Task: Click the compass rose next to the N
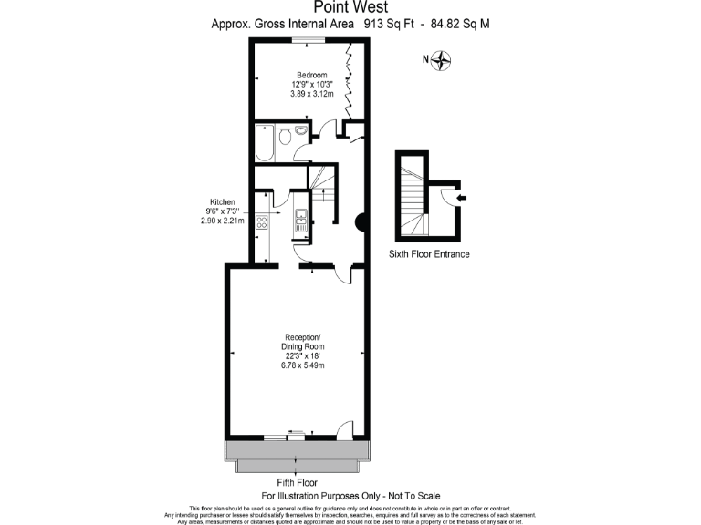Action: pyautogui.click(x=443, y=61)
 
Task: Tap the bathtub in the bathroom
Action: pyautogui.click(x=265, y=141)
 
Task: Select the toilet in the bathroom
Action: pyautogui.click(x=286, y=138)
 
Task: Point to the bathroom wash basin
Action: pyautogui.click(x=303, y=133)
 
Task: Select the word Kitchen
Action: pyautogui.click(x=223, y=202)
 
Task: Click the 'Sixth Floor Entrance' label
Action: pyautogui.click(x=429, y=254)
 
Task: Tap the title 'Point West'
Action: pyautogui.click(x=350, y=7)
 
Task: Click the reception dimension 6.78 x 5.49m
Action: pyautogui.click(x=303, y=365)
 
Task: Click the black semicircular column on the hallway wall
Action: pyautogui.click(x=361, y=221)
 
